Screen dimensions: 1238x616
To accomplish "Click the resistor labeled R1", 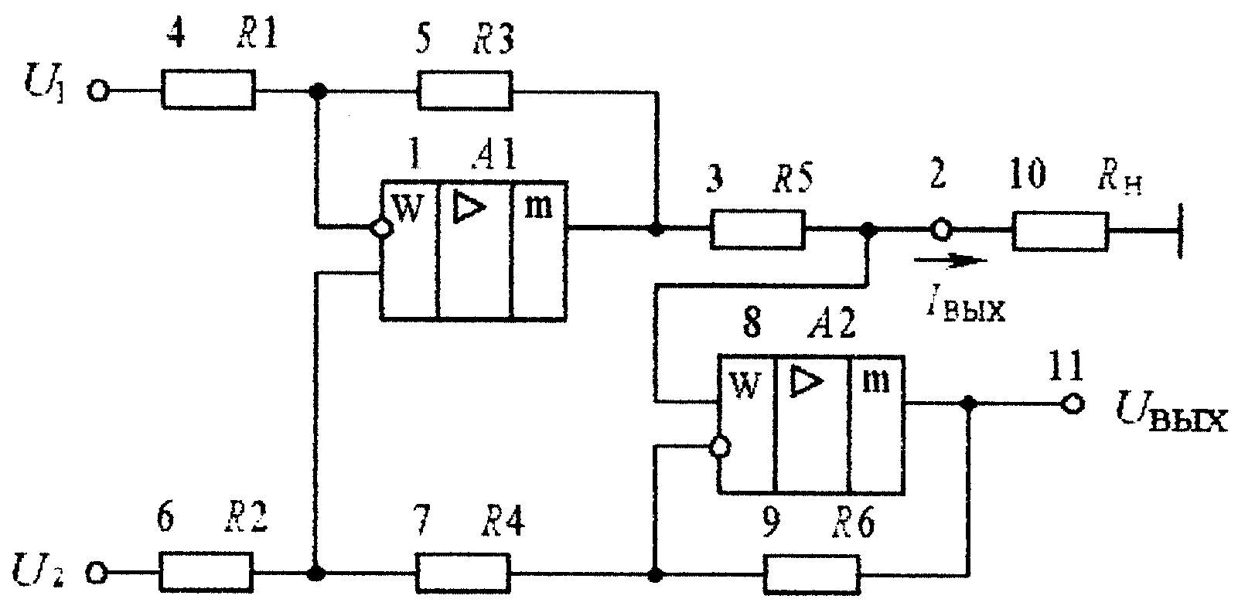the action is [208, 90].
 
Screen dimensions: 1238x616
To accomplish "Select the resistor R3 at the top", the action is [464, 90].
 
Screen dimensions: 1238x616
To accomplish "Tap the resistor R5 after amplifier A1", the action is [757, 230].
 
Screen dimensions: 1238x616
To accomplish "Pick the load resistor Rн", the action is [1060, 231].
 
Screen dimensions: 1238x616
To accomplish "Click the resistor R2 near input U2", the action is [206, 573].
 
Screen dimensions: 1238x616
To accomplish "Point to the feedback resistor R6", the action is [812, 574].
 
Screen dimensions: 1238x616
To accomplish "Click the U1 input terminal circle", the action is [98, 90].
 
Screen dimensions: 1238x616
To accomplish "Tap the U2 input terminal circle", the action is [97, 573].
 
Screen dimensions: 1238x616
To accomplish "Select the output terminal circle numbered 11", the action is [1073, 404].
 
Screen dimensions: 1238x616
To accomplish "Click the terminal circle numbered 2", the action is [941, 229].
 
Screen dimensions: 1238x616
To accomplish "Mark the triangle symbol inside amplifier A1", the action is [469, 208].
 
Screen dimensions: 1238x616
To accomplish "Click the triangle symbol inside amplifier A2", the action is [807, 381].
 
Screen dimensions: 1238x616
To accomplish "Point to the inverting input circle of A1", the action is [382, 227].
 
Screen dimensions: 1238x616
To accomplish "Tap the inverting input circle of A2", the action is [720, 447].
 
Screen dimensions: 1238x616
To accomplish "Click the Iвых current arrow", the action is [950, 260].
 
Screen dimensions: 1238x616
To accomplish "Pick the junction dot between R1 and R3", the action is [317, 90].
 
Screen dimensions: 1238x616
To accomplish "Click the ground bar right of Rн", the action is [1179, 231].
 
